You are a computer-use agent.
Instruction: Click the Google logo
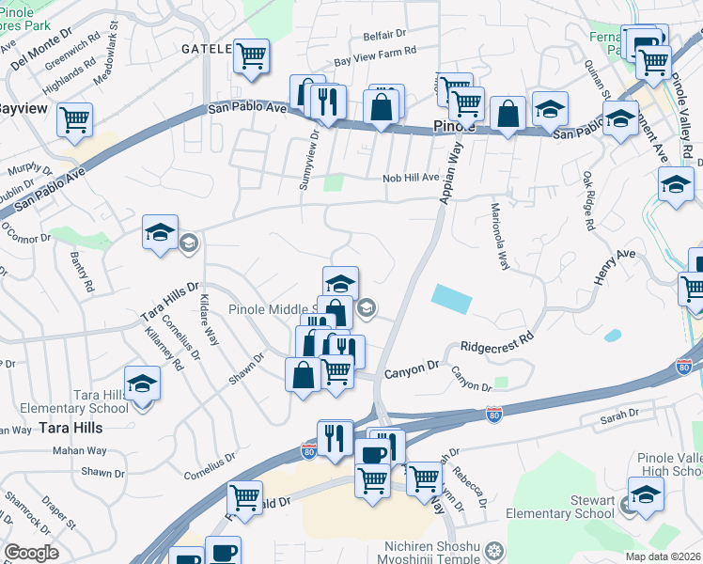(x=32, y=553)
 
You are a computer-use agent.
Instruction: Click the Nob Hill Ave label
(x=411, y=178)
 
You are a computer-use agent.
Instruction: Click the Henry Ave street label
(x=615, y=268)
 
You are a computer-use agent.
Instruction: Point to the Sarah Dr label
(x=619, y=413)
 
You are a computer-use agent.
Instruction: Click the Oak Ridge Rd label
(x=588, y=201)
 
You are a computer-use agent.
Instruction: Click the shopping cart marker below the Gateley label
(x=251, y=56)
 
